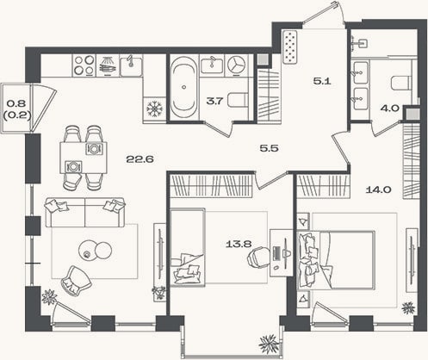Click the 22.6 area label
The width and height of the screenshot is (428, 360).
pyautogui.click(x=140, y=158)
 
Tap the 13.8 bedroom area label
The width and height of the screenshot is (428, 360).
pyautogui.click(x=239, y=244)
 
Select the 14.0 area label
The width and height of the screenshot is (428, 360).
pyautogui.click(x=379, y=189)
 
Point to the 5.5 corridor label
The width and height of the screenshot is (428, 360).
pyautogui.click(x=270, y=148)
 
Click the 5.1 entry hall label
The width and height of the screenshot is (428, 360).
pyautogui.click(x=322, y=81)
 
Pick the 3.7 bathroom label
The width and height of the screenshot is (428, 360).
pyautogui.click(x=214, y=101)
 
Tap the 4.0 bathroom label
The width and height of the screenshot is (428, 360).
pyautogui.click(x=390, y=109)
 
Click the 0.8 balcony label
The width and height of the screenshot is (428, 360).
pyautogui.click(x=16, y=102)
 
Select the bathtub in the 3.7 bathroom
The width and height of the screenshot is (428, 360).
pyautogui.click(x=183, y=88)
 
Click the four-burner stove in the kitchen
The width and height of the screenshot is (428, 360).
pyautogui.click(x=84, y=65)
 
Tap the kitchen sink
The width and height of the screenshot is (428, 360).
pyautogui.click(x=131, y=65)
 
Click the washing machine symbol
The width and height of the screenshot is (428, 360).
pyautogui.click(x=237, y=65)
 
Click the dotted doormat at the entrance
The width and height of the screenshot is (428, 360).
pyautogui.click(x=290, y=47)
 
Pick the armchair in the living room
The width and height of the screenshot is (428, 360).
pyautogui.click(x=76, y=280)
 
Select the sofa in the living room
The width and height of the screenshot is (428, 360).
pyautogui.click(x=85, y=212)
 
